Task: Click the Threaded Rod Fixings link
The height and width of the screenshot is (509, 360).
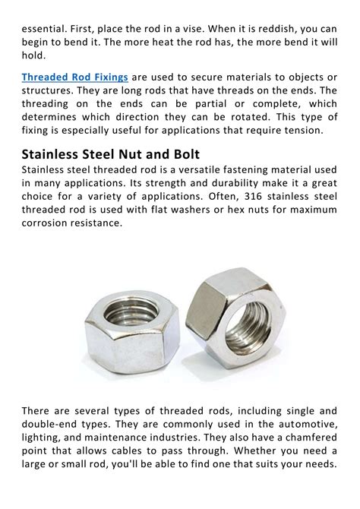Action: pos(74,77)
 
